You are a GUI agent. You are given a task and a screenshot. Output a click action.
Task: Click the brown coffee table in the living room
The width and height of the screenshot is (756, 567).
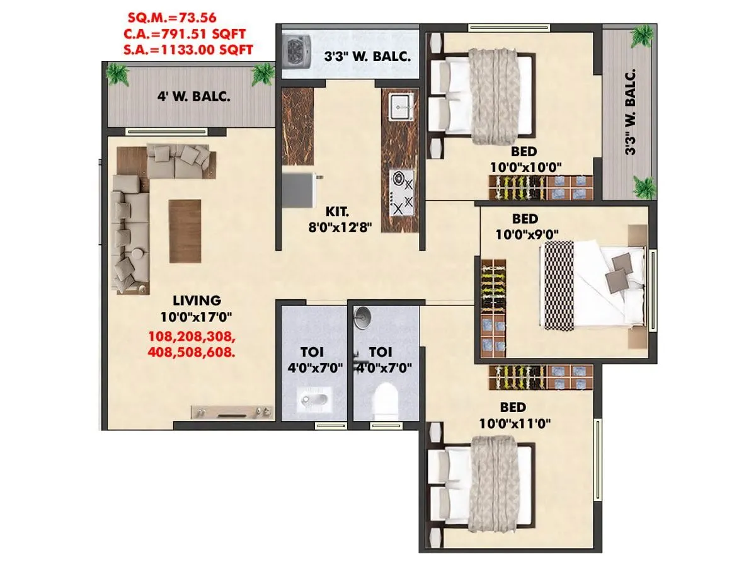(x=185, y=231)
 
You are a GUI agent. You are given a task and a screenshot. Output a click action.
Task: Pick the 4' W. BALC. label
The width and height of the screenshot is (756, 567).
(x=193, y=97)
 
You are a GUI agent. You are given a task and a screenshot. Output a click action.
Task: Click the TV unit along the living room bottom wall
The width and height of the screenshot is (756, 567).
(x=232, y=412)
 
